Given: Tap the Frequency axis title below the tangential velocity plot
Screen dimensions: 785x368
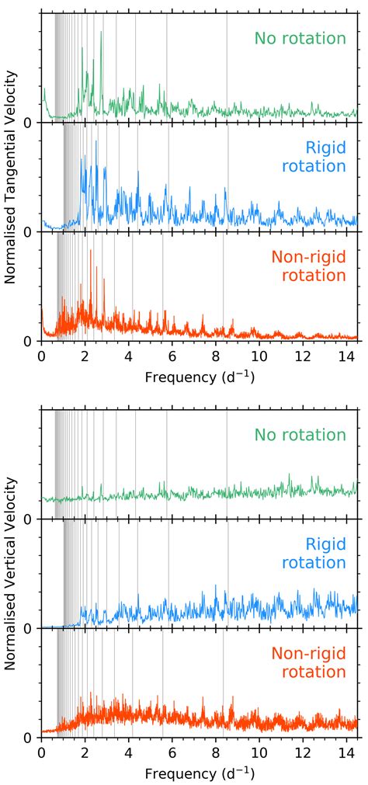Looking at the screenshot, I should click(x=200, y=377).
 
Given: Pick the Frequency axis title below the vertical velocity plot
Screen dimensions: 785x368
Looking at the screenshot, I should click(x=200, y=773).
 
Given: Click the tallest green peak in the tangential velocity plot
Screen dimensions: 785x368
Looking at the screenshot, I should click(x=101, y=33).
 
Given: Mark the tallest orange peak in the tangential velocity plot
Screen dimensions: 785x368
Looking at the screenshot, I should click(x=91, y=251).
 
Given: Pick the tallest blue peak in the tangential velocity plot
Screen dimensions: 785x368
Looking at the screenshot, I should click(x=96, y=142).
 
